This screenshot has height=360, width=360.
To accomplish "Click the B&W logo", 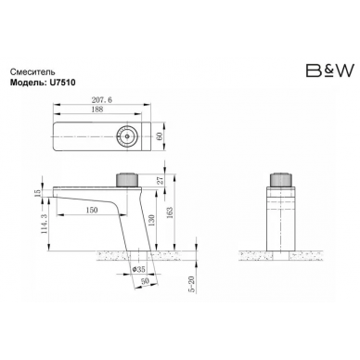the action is click(x=329, y=71).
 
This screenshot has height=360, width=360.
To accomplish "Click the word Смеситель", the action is click(x=33, y=72).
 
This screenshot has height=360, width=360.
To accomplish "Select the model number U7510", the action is click(x=61, y=83).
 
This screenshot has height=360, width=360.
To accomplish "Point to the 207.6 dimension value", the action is click(x=102, y=100).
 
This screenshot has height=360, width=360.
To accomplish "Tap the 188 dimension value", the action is click(x=97, y=109).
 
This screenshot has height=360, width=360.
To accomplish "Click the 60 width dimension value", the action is click(x=160, y=136).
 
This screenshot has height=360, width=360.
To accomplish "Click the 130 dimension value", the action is click(x=152, y=221).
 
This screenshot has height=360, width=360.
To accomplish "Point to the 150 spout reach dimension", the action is click(x=92, y=210).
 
